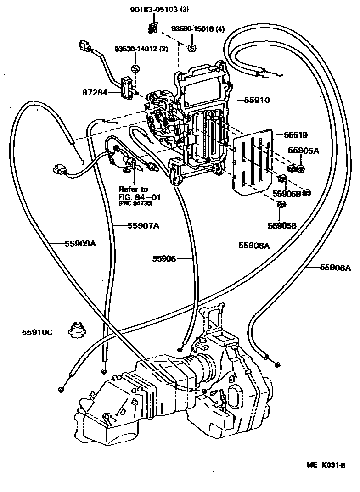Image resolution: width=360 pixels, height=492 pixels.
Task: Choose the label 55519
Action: (x=295, y=135)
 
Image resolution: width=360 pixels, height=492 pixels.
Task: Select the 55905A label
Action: (x=303, y=151)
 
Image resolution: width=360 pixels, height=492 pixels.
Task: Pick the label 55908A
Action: (x=253, y=245)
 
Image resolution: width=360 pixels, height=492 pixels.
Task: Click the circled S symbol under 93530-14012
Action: (x=135, y=68)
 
